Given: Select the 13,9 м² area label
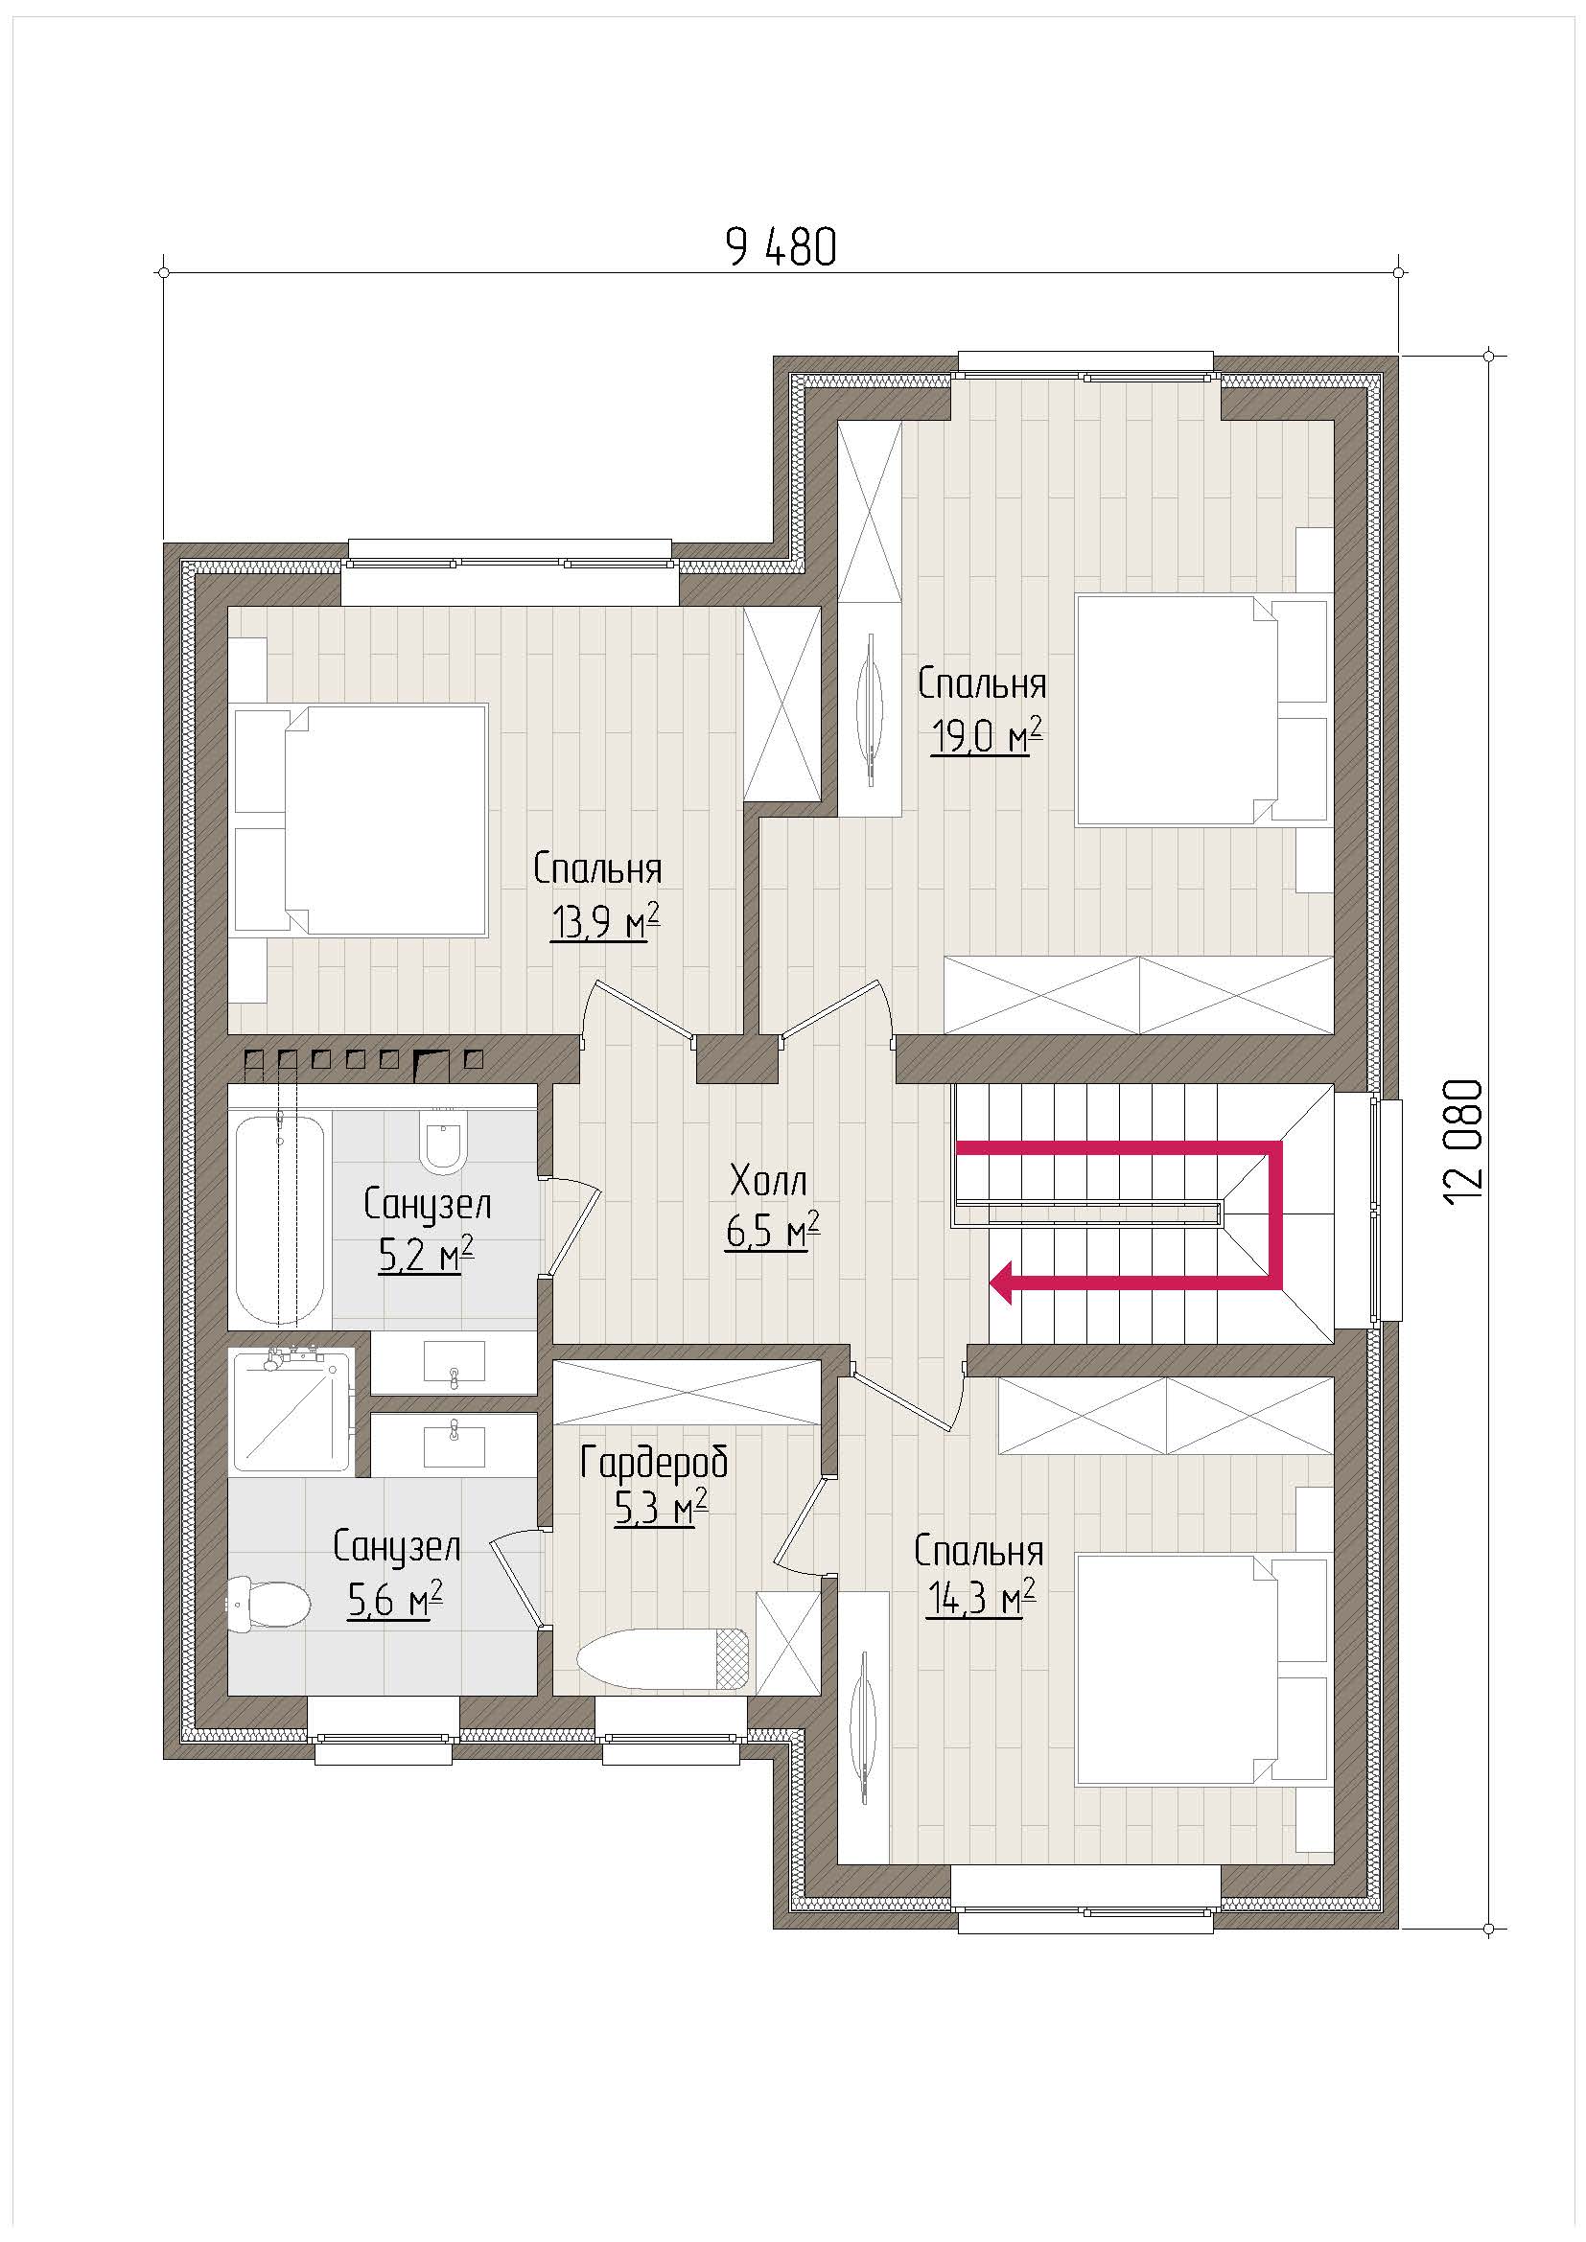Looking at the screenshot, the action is click(x=604, y=921).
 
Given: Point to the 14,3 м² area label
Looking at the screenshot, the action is click(x=982, y=1599).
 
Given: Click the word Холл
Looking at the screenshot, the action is click(x=769, y=1182).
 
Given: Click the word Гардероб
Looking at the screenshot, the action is click(x=654, y=1463).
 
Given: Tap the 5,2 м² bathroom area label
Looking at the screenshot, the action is click(x=426, y=1254).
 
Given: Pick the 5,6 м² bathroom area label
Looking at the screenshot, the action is click(x=395, y=1599).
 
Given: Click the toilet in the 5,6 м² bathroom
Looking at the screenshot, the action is click(x=268, y=1605).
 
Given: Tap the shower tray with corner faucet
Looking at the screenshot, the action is click(x=290, y=1408).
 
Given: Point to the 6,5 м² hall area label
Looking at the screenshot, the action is click(x=773, y=1231).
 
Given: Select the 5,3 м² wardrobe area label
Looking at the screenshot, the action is click(x=660, y=1508).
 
